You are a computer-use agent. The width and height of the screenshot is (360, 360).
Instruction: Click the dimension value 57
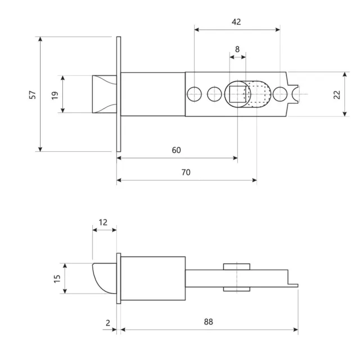click(x=33, y=94)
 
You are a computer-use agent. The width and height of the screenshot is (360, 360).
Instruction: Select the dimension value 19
click(x=55, y=94)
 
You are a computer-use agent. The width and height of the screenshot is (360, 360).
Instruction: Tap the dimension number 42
click(x=236, y=22)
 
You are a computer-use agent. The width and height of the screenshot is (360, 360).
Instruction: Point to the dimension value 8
click(x=237, y=49)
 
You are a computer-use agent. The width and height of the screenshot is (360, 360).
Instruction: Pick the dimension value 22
click(x=337, y=94)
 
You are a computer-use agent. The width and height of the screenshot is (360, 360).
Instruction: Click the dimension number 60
click(x=177, y=150)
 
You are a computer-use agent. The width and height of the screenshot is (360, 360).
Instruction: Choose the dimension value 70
click(x=186, y=173)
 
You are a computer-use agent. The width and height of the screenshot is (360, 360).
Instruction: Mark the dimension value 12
click(x=103, y=222)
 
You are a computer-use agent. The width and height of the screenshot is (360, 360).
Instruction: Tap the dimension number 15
click(x=57, y=278)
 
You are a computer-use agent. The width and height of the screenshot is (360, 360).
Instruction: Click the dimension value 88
click(x=208, y=322)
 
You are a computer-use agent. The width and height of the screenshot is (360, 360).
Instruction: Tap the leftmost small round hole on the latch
click(x=194, y=94)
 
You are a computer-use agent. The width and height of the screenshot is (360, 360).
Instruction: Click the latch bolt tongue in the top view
click(x=104, y=94)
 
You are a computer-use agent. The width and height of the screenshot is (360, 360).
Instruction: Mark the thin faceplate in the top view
click(x=119, y=94)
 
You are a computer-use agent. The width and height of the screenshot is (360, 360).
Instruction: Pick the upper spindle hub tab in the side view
click(x=236, y=266)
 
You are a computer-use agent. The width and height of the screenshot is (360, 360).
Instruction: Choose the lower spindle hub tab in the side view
click(x=236, y=289)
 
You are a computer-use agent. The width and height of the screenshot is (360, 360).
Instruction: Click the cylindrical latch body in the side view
click(x=153, y=278)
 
